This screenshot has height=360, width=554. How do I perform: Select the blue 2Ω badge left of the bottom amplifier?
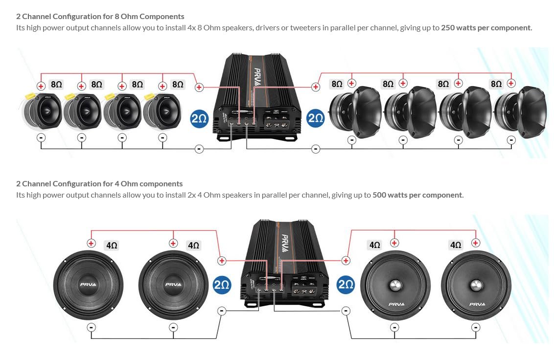click(222, 286)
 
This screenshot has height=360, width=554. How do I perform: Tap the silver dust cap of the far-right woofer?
click(476, 285)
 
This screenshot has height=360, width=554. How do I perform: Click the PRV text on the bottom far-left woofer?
click(88, 285)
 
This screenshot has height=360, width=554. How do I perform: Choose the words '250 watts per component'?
click(485, 28)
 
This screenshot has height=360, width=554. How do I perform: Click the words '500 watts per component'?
click(417, 195)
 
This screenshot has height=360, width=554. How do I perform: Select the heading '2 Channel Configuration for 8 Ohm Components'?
click(100, 16)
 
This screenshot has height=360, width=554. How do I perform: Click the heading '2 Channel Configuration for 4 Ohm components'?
click(99, 183)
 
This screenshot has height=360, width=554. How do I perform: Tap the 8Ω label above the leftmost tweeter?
click(56, 85)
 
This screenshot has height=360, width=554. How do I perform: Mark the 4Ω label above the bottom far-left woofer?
click(112, 245)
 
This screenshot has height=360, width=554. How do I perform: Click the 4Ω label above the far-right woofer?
click(455, 245)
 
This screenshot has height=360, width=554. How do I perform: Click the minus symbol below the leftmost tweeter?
click(41, 138)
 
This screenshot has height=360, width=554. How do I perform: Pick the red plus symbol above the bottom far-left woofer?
click(91, 243)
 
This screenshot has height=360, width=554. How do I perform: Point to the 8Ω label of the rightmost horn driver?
click(496, 84)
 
